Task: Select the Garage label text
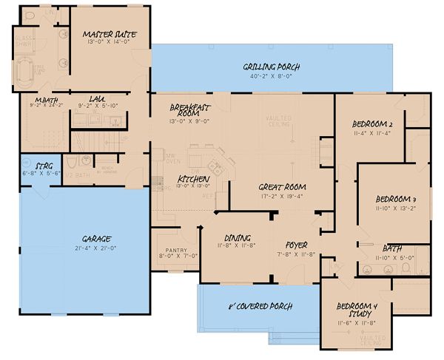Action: coord(96,238)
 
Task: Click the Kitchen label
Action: coord(193,179)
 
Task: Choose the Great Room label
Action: coord(282,186)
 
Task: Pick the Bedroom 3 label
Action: coord(396,199)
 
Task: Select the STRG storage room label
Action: coord(32,167)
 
